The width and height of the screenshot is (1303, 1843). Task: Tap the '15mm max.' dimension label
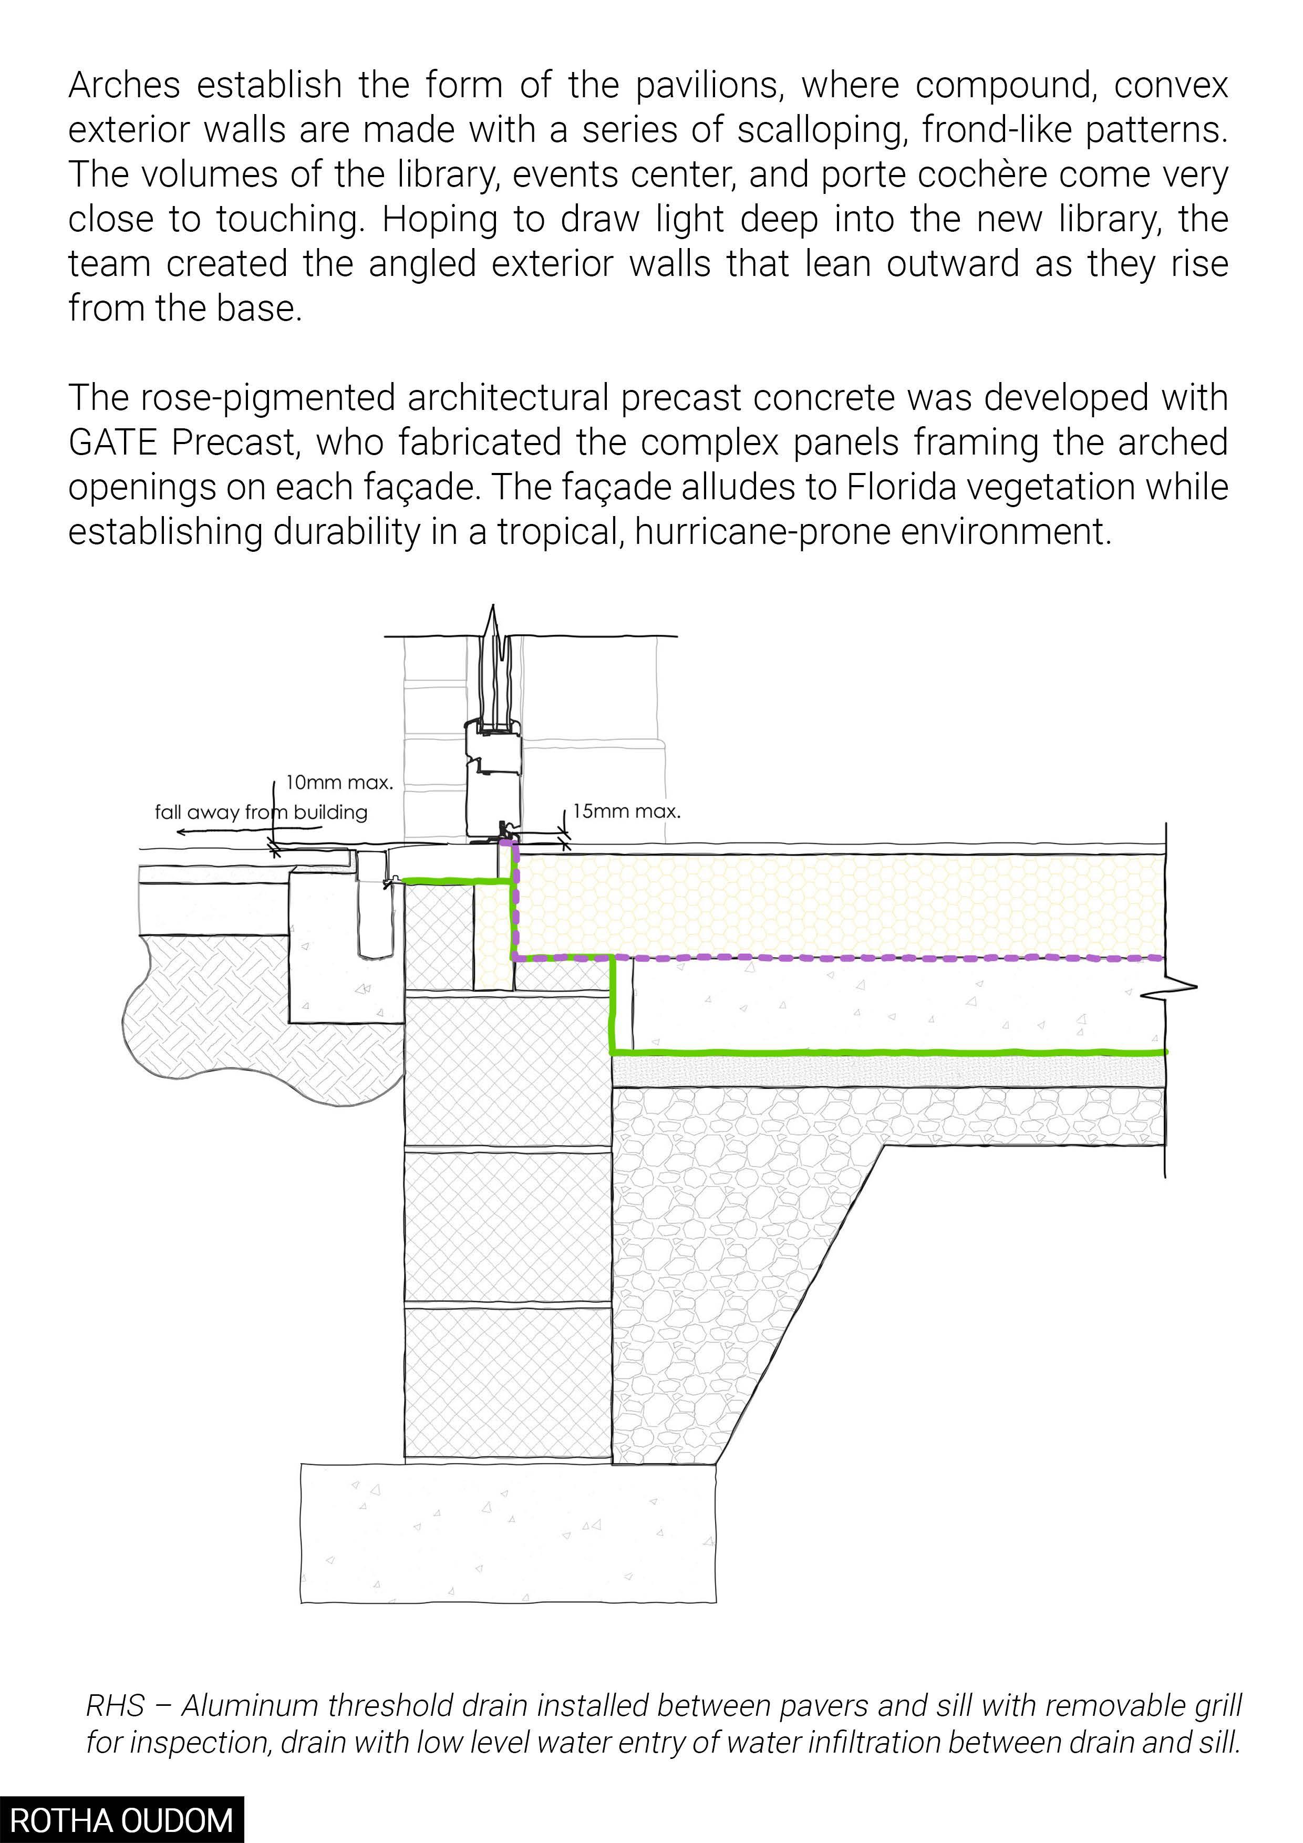627,811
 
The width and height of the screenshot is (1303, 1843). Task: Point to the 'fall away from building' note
261,812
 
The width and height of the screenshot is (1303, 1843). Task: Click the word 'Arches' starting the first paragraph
125,85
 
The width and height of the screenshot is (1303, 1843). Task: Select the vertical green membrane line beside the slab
613,1003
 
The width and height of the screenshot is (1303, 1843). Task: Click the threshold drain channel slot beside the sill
373,907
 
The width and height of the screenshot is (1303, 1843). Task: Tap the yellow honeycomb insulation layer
834,905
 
